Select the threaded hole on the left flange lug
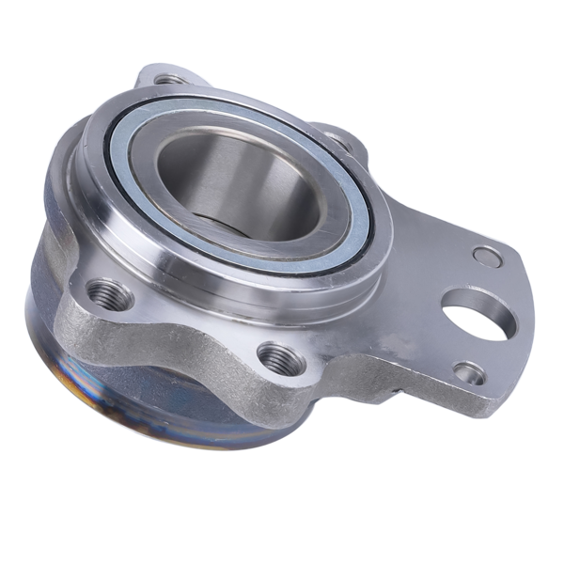tap(109, 292)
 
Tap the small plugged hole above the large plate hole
tap(486, 255)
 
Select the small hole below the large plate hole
tap(468, 372)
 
